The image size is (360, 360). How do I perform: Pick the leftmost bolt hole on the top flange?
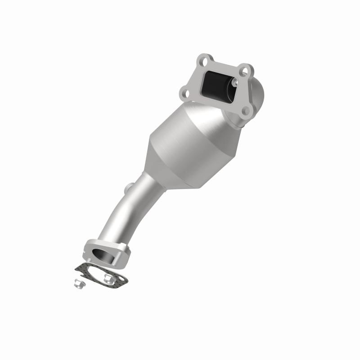184,94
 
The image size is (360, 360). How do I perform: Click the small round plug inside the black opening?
234,82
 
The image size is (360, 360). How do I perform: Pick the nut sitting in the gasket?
108,279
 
